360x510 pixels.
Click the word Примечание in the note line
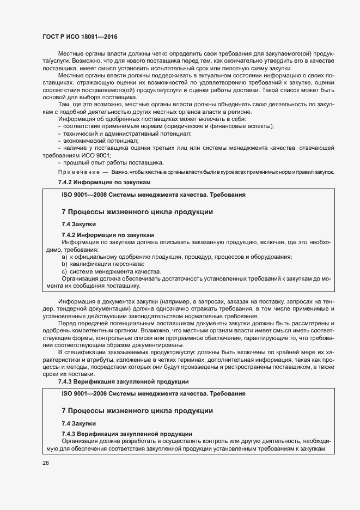(x=79, y=172)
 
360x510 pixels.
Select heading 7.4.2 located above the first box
(x=103, y=182)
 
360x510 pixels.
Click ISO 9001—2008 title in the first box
(x=153, y=194)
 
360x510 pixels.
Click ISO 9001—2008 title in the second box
(x=153, y=393)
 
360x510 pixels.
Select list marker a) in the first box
(x=64, y=257)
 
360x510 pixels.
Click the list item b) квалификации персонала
(x=103, y=264)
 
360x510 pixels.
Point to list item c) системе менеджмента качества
(x=111, y=271)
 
